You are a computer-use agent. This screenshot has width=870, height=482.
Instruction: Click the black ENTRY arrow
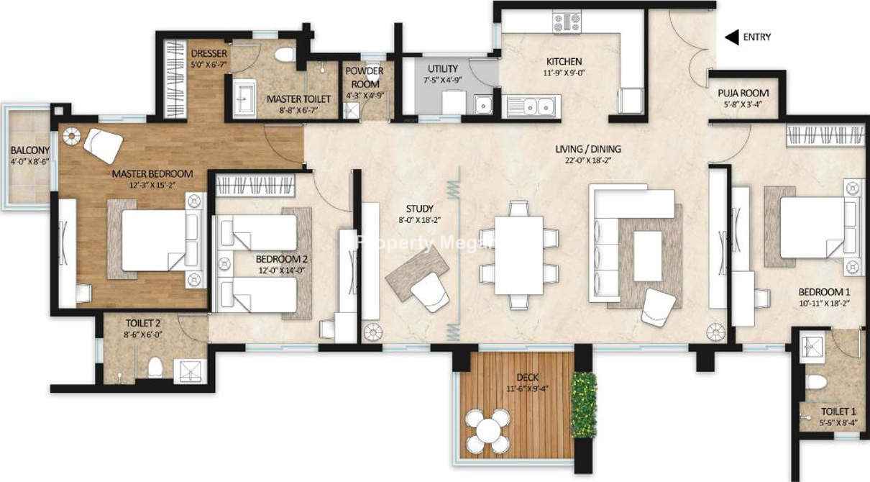[731, 37]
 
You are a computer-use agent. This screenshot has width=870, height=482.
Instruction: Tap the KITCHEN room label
[564, 61]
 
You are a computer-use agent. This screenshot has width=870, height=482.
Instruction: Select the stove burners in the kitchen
[567, 22]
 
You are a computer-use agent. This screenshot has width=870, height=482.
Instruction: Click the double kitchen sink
[538, 106]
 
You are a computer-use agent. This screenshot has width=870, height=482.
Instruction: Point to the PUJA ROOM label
[743, 93]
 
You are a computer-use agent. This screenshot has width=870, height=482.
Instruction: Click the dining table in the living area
[518, 255]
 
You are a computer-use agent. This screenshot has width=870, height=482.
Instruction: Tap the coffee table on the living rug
[647, 256]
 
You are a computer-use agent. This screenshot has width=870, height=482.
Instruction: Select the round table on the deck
[488, 431]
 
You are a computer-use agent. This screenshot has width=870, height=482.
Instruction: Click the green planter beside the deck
[583, 404]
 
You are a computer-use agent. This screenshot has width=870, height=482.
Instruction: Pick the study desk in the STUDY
[417, 273]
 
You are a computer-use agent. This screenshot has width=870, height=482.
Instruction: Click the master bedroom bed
[154, 240]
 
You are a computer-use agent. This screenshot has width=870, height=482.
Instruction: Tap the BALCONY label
[30, 150]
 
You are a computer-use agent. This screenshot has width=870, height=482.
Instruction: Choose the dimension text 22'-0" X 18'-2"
[588, 160]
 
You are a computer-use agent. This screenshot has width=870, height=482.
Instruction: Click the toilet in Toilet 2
[155, 367]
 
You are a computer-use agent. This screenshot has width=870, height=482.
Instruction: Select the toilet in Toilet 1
[816, 382]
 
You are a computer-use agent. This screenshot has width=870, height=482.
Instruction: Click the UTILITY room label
[443, 69]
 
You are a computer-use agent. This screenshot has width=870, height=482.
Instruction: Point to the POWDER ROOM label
[365, 78]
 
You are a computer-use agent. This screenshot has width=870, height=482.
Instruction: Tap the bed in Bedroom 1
[812, 227]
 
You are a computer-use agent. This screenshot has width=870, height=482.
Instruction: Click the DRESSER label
[209, 53]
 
